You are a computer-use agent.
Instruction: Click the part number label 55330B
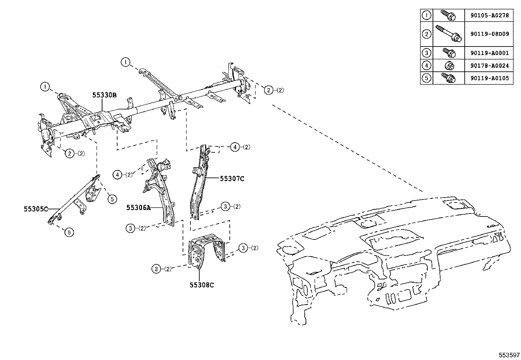(x=104, y=95)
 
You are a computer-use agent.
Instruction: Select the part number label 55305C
(x=36, y=208)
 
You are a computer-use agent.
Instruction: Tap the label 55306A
(x=138, y=207)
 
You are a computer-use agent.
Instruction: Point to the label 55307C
(x=232, y=179)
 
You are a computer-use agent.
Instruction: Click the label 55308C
(x=202, y=285)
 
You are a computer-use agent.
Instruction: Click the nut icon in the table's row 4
(x=449, y=66)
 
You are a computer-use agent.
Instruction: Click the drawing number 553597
(x=509, y=355)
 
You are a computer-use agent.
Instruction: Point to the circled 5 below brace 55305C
(x=69, y=232)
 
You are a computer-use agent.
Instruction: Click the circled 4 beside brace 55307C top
(x=235, y=147)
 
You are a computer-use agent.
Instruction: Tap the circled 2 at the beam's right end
(x=268, y=90)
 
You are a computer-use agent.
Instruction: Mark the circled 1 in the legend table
(x=426, y=15)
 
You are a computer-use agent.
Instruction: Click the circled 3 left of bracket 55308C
(x=156, y=269)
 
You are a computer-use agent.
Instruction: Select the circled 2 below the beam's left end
(x=70, y=153)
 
